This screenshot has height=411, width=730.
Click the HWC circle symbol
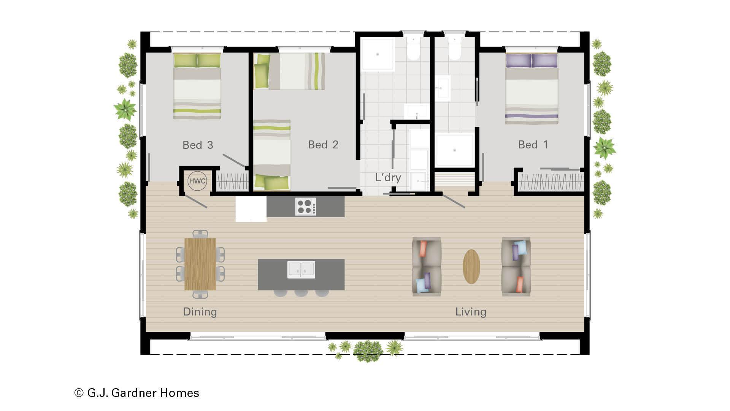coord(197,181)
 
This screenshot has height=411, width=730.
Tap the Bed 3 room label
coord(198,145)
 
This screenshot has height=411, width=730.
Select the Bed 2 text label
coord(323,145)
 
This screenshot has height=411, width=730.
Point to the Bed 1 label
coord(533,145)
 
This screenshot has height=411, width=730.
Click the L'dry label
coord(388,177)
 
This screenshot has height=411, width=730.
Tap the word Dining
coord(200,312)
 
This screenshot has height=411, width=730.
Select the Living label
coord(471,312)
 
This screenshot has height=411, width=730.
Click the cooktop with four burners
coord(305,207)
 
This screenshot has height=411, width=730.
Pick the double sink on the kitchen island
coord(301,269)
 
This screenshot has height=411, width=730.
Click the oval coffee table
coord(471,266)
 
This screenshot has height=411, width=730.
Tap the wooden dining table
coord(200,264)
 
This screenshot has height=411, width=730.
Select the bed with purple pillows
coord(532,88)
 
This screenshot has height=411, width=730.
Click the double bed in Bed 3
coord(197,86)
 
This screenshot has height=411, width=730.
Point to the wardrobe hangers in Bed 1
coord(550,182)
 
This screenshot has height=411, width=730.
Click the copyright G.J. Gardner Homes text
coord(137,393)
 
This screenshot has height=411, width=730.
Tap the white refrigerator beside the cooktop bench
coord(251,208)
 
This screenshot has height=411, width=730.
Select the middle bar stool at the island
coord(301,293)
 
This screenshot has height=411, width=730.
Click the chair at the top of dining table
coord(200,234)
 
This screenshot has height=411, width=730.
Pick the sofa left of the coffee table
coord(427,266)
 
